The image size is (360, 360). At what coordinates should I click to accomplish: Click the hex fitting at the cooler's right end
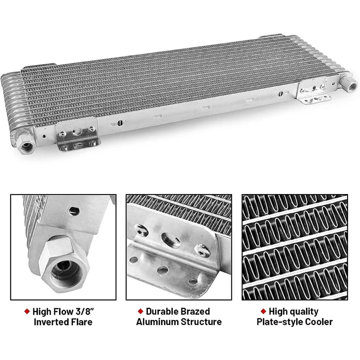(349, 85)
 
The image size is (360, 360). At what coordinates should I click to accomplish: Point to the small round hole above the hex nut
(73, 211)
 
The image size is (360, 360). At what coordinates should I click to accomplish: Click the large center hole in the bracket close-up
(171, 240)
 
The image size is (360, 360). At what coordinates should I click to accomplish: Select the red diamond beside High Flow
(27, 311)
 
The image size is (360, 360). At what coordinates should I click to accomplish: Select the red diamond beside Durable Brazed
(140, 311)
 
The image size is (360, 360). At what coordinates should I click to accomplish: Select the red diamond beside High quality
(263, 311)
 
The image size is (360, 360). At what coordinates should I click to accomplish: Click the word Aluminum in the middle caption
(157, 322)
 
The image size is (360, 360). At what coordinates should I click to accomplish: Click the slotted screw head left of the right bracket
(281, 94)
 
